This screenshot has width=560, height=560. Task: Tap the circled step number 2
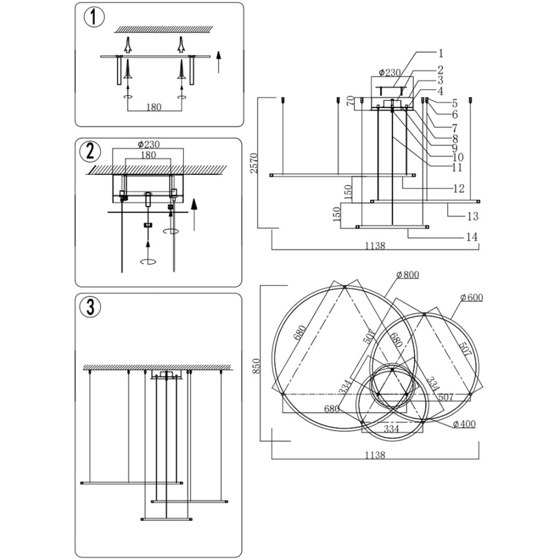pyautogui.click(x=91, y=151)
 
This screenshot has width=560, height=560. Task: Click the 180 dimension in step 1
pyautogui.click(x=154, y=106)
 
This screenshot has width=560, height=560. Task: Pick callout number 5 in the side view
pyautogui.click(x=455, y=103)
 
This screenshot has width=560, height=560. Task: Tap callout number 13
pyautogui.click(x=473, y=216)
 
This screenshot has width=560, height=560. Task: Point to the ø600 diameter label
pyautogui.click(x=472, y=297)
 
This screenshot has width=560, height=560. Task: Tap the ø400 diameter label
pyautogui.click(x=464, y=424)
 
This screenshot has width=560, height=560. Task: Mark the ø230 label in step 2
pyautogui.click(x=147, y=144)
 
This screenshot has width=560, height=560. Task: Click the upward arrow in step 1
pyautogui.click(x=218, y=63)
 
